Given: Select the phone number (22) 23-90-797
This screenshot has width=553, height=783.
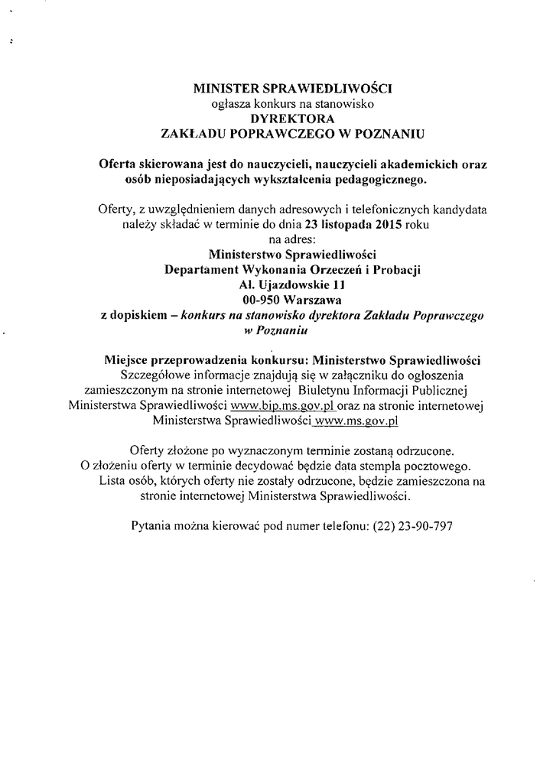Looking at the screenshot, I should click(x=417, y=525).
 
